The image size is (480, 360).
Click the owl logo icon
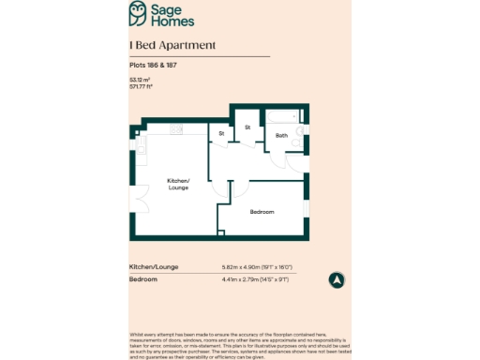[x=139, y=12]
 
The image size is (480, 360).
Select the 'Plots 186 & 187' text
[x=149, y=65]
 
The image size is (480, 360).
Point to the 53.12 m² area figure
[x=140, y=81]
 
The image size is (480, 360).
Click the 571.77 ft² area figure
[x=142, y=86]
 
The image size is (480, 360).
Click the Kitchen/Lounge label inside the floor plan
[x=178, y=184]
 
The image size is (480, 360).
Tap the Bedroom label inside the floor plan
[x=262, y=212]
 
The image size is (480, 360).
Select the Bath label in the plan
[x=281, y=136]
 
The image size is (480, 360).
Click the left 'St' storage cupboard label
[x=221, y=134]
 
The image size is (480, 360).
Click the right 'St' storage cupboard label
[x=248, y=127]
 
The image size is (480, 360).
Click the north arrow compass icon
[x=337, y=279]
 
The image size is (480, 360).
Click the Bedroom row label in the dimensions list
[x=142, y=279]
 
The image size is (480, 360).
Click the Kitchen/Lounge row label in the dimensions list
[x=150, y=267]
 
